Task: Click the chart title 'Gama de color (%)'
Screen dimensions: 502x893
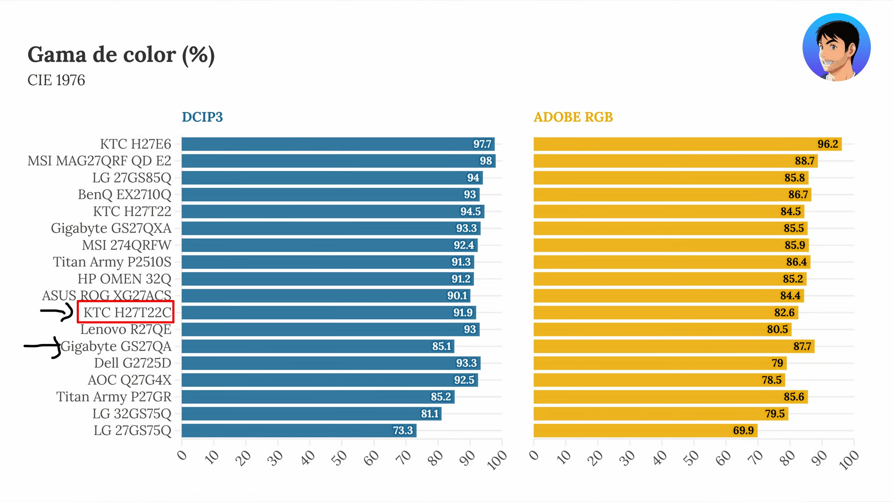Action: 121,55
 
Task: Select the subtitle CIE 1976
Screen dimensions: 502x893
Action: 56,80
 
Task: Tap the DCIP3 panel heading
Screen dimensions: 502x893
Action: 202,117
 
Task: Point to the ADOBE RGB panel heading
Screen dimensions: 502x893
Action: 573,117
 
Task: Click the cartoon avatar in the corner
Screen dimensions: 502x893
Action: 836,47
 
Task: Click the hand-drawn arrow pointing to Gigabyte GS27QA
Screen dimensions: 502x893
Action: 43,347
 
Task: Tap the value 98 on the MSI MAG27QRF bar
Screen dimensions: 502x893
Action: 486,161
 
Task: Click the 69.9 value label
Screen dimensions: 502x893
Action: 743,430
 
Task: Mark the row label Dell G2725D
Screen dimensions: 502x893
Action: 133,363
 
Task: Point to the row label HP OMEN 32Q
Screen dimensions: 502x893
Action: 124,279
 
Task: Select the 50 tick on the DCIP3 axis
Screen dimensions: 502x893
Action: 340,458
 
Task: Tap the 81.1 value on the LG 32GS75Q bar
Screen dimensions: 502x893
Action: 430,414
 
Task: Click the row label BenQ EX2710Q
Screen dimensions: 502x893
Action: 124,194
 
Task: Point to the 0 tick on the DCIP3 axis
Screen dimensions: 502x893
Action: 182,455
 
